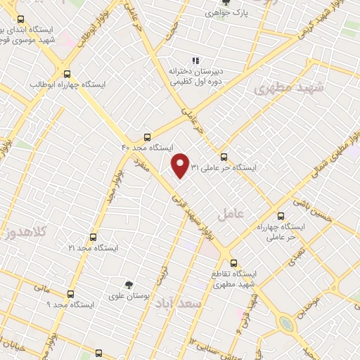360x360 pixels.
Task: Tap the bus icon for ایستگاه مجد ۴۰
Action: [146, 137]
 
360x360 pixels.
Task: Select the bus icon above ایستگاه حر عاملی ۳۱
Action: [224, 157]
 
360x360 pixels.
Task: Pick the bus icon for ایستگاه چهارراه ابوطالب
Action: [67, 73]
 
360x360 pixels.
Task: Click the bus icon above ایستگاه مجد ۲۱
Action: [93, 238]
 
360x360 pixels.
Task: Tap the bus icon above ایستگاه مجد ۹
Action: [70, 294]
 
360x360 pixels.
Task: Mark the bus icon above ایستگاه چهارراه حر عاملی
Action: [281, 216]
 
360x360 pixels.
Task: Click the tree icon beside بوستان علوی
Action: [128, 284]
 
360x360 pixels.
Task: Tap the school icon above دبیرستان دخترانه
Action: [195, 60]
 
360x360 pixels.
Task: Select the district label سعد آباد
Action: [202, 303]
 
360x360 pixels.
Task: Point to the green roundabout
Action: [285, 323]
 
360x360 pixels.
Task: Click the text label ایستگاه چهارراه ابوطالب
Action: [67, 84]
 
